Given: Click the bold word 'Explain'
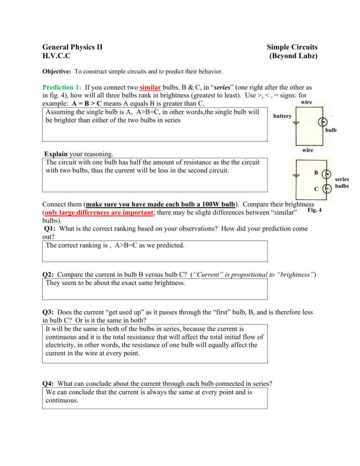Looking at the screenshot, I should tap(56, 153).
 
